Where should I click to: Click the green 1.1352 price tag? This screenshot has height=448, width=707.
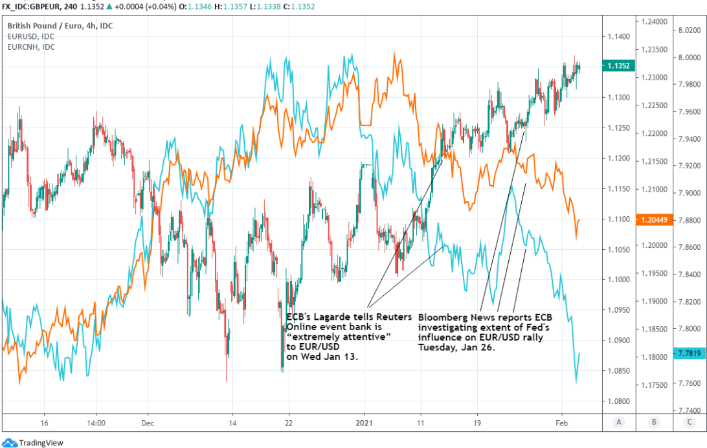(x=619, y=65)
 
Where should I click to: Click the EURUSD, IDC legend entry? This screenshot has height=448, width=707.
(x=30, y=37)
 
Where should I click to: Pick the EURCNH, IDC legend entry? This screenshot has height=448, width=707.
(x=31, y=47)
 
